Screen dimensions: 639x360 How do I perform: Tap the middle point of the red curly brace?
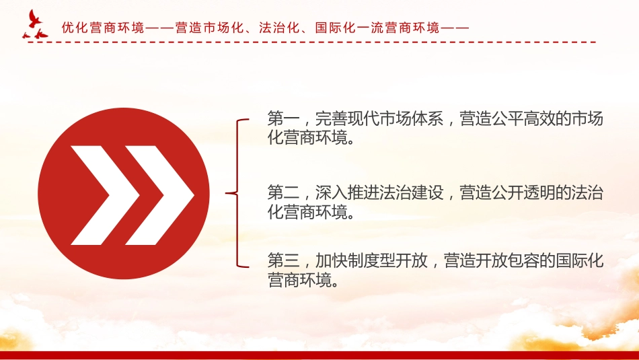click(227, 193)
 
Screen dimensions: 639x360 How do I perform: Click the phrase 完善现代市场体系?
click(379, 118)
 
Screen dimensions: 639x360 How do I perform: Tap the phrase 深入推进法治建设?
click(379, 192)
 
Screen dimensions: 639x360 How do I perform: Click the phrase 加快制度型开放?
click(371, 260)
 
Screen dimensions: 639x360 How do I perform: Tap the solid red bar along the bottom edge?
click(319, 355)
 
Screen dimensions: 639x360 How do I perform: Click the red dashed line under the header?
click(311, 42)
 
